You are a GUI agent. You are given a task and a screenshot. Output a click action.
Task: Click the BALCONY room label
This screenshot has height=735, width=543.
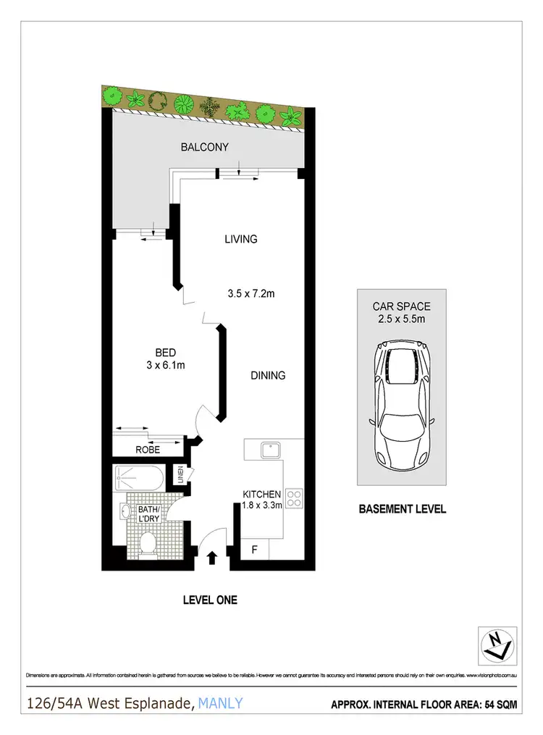point(204,147)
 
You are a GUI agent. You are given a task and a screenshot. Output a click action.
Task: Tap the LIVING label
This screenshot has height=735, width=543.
point(241,239)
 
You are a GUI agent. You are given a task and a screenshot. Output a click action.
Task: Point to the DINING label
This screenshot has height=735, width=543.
point(268,375)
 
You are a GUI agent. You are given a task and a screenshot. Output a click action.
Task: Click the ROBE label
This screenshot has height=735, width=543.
point(147,450)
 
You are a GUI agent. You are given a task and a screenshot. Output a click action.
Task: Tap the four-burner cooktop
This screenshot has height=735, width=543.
point(295,498)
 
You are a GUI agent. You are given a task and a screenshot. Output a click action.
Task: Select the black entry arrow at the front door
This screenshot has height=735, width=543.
point(212,558)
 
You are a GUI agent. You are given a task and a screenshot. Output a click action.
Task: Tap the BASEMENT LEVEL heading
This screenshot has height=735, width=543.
point(403,509)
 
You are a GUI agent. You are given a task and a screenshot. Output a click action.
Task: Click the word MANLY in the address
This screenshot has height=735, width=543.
point(219,702)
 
